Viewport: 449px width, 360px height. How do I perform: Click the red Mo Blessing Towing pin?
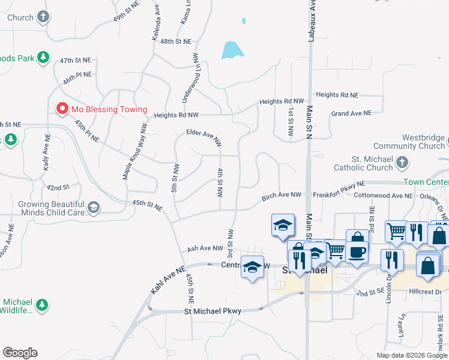coord(61,109)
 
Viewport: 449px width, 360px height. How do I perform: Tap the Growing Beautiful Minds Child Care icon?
coord(93,208)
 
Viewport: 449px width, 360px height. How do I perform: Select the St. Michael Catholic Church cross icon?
coord(403,163)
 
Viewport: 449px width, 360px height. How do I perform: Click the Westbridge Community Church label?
coord(409,142)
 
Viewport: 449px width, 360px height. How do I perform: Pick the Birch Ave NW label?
coord(282,196)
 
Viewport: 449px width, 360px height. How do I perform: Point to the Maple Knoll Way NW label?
coord(135,152)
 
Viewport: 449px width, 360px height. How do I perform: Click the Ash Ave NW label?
coord(205,248)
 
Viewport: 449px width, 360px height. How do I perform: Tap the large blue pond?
coord(229,50)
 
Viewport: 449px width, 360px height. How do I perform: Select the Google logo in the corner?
coord(20,353)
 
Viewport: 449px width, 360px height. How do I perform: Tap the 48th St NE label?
coord(175,41)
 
